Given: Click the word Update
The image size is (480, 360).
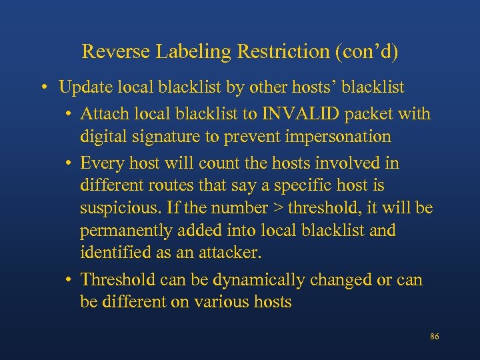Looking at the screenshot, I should [x=85, y=87].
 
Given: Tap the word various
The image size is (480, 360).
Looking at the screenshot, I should [x=221, y=302].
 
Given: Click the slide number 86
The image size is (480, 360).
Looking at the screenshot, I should [x=434, y=337].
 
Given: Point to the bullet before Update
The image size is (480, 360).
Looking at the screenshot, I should [x=43, y=88].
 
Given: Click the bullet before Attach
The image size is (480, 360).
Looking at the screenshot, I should [x=69, y=115].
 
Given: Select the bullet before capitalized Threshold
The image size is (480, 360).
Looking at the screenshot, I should [x=69, y=280].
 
